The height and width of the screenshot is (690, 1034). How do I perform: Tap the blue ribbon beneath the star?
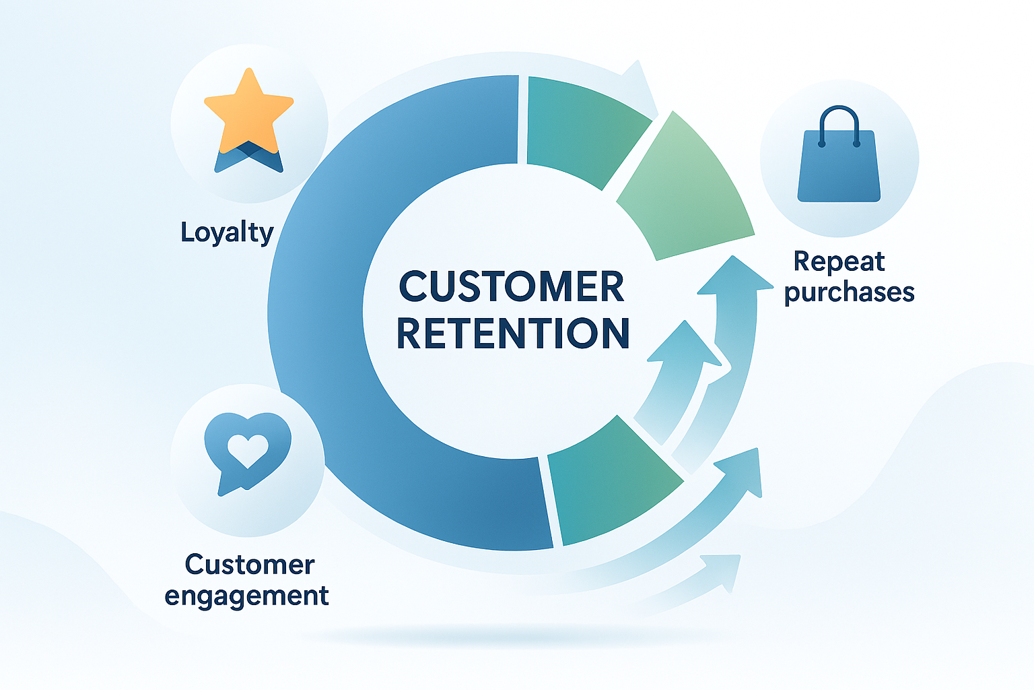(x=248, y=159)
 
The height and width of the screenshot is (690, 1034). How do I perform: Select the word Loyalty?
(x=227, y=232)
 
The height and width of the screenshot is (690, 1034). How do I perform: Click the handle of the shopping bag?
(x=839, y=121)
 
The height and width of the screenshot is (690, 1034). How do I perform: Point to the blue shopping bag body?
(x=839, y=168)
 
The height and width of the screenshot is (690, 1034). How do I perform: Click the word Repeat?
(x=839, y=261)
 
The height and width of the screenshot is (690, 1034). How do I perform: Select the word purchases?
(x=849, y=292)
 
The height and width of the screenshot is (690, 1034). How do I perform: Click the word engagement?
(x=246, y=596)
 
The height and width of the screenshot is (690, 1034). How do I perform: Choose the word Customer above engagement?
(x=249, y=565)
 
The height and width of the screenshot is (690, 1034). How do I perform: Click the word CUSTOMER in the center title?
(x=512, y=287)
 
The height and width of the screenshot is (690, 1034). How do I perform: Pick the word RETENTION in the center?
(x=513, y=333)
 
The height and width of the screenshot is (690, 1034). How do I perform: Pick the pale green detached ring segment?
(x=687, y=192)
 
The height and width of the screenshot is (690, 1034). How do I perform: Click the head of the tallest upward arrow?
(x=734, y=276)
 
